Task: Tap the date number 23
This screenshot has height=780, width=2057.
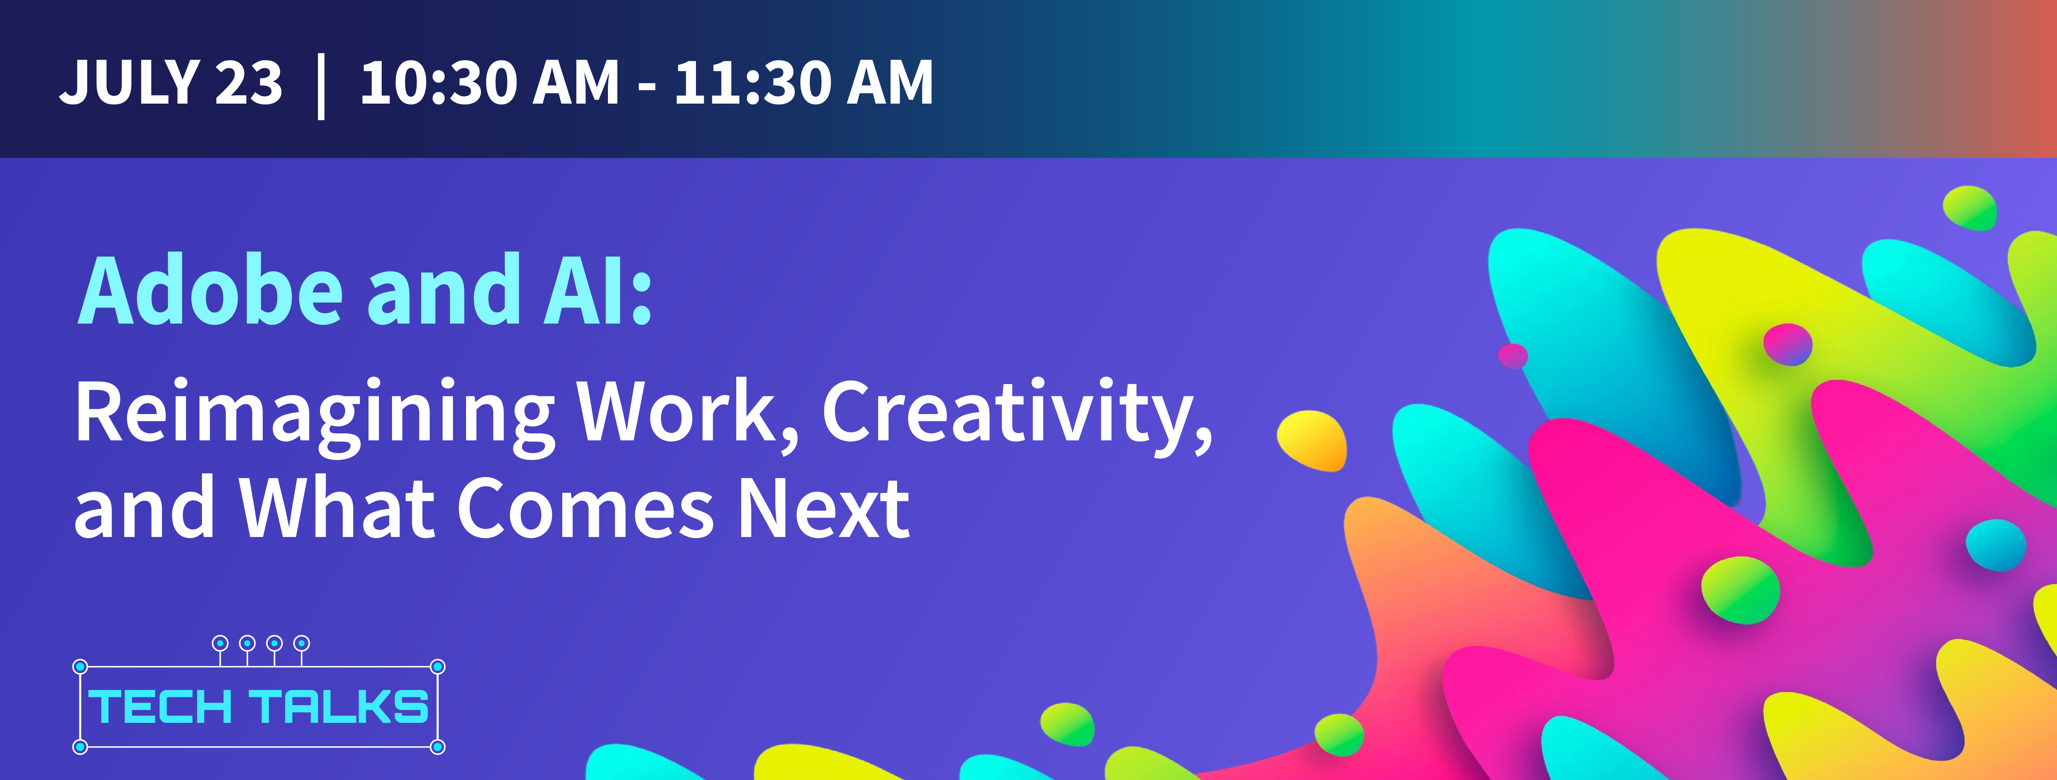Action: (249, 82)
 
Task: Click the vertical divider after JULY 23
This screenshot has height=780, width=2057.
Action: (321, 86)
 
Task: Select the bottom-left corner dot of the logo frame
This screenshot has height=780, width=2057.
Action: (80, 747)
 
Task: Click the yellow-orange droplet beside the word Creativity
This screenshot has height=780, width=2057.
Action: (1312, 441)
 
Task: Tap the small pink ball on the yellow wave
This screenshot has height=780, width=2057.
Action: (1787, 345)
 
